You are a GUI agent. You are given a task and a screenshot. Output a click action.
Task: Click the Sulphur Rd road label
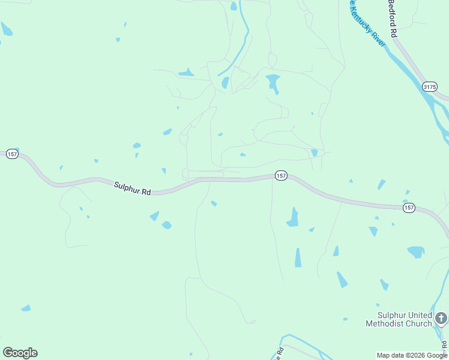click(x=132, y=188)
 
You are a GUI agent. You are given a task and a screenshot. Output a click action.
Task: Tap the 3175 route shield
click(x=429, y=87)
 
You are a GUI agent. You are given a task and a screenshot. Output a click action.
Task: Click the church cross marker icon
click(x=441, y=317)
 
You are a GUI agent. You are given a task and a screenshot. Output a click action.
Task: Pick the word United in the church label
click(x=418, y=315)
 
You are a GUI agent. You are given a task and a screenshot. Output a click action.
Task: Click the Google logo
click(x=20, y=353)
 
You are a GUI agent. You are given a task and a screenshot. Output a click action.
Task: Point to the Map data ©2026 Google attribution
click(x=412, y=355)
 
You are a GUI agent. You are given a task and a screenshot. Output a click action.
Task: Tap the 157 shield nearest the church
click(x=409, y=208)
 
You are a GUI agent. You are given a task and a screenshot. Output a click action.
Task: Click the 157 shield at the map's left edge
click(x=12, y=154)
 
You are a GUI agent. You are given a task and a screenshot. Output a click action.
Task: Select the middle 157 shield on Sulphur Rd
click(x=281, y=175)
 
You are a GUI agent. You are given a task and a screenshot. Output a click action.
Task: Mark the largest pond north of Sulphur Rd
click(x=273, y=82)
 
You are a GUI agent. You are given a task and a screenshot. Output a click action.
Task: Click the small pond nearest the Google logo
click(x=26, y=308)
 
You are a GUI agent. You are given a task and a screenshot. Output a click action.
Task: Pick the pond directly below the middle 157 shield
click(x=292, y=218)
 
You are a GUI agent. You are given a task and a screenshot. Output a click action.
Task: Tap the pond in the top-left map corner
click(x=7, y=29)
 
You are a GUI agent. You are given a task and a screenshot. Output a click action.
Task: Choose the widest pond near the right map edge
click(x=415, y=251)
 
